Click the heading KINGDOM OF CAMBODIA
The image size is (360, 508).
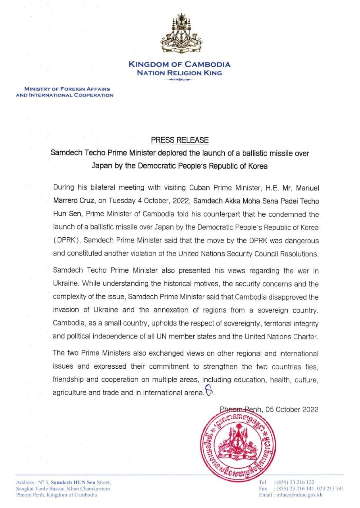tap(179, 65)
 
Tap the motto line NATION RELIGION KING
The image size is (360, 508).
tap(179, 73)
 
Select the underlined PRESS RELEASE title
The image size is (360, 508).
tap(179, 140)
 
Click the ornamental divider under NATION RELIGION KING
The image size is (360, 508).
tap(179, 80)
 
